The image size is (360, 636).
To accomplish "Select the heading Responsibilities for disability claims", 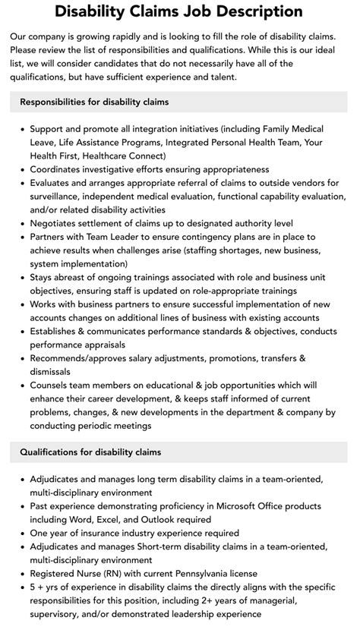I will coord(95,102).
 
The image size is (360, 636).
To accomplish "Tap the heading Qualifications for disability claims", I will coord(90,452).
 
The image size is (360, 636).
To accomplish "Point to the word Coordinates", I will coord(60,169).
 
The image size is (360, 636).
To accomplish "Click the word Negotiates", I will coord(58,223).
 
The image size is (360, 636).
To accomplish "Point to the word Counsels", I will coord(54,385).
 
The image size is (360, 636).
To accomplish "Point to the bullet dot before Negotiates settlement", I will coord(21,223).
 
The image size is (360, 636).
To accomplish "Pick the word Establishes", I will coord(58,331).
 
